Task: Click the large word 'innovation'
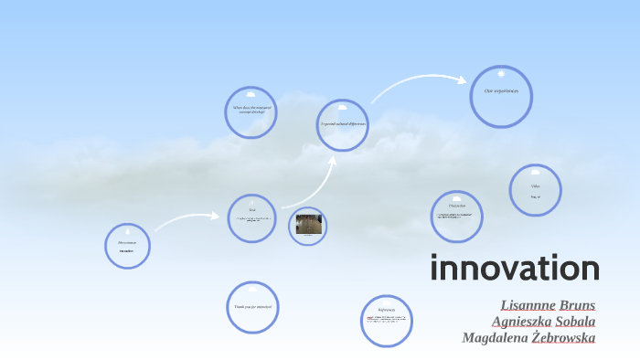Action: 515,270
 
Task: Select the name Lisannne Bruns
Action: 548,304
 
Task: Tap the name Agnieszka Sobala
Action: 543,321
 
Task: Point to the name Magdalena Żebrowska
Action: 528,337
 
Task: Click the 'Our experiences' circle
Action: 501,96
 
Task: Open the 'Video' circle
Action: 535,190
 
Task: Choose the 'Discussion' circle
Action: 456,216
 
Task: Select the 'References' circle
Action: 387,321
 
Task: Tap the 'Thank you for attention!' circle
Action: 251,308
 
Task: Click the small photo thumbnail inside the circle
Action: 309,224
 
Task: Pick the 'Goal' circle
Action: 251,218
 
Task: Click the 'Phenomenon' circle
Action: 127,246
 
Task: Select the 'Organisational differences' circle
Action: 343,125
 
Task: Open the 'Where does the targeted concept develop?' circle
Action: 251,112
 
